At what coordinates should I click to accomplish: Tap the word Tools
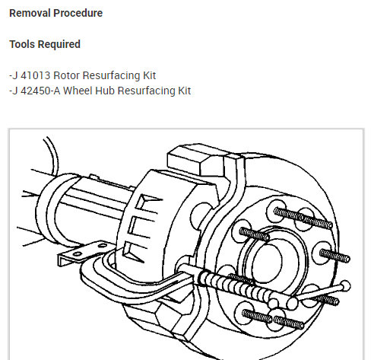click(22, 44)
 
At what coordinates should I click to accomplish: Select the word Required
click(59, 44)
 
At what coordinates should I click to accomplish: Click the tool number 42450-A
click(40, 91)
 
